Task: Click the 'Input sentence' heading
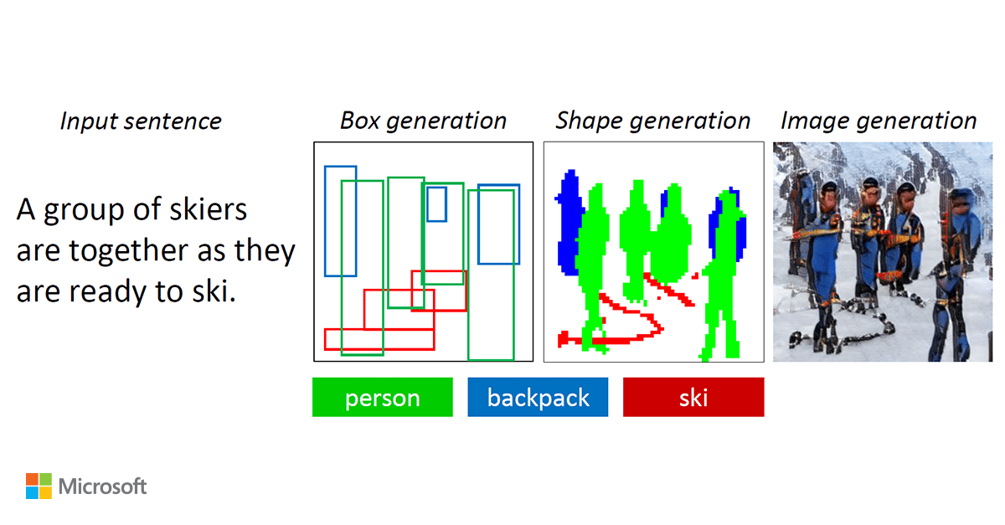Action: [x=141, y=121]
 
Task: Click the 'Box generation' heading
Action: [x=423, y=121]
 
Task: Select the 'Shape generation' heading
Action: [x=652, y=121]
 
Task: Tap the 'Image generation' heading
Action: [x=879, y=121]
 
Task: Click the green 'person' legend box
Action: [x=382, y=397]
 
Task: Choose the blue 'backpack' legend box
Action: [x=538, y=397]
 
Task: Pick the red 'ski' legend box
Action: [x=693, y=397]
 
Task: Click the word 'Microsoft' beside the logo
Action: [x=103, y=486]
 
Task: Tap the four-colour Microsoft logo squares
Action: [x=39, y=486]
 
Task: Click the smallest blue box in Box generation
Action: [x=436, y=204]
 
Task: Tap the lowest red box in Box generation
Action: [x=379, y=339]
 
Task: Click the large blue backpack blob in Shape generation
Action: [x=569, y=223]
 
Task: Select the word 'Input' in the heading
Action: [x=85, y=122]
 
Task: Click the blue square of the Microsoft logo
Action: [x=32, y=492]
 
